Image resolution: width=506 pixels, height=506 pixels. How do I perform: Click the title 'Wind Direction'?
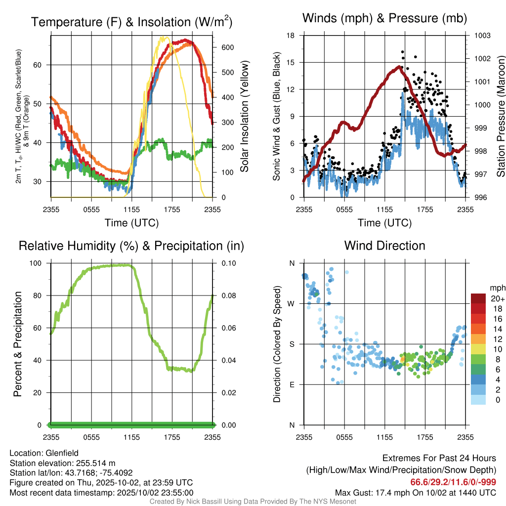384,246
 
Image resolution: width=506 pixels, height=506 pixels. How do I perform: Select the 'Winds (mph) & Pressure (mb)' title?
384,18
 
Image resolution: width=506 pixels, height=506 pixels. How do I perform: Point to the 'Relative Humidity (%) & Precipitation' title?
131,246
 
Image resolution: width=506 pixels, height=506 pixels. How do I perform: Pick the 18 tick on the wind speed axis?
291,36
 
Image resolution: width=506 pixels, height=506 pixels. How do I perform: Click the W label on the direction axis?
292,303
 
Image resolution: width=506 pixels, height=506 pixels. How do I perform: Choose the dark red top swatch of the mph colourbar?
478,298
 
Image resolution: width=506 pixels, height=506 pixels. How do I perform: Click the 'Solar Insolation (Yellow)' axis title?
244,117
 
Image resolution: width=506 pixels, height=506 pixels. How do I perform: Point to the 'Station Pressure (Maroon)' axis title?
500,117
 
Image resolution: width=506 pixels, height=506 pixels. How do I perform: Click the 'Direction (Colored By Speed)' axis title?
277,344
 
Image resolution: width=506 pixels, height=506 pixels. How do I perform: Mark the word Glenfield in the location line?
62,453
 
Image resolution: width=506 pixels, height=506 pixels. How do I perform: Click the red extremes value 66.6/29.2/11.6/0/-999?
453,482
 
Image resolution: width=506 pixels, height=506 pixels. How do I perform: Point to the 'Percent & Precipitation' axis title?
17,344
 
